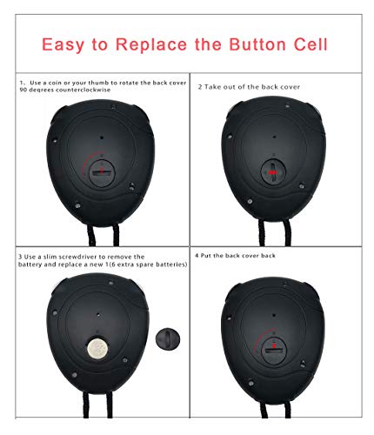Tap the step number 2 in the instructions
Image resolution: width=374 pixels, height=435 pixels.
(x=199, y=87)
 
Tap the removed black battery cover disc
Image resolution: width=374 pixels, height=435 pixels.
(x=165, y=338)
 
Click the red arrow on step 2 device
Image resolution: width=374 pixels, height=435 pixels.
(x=277, y=174)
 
